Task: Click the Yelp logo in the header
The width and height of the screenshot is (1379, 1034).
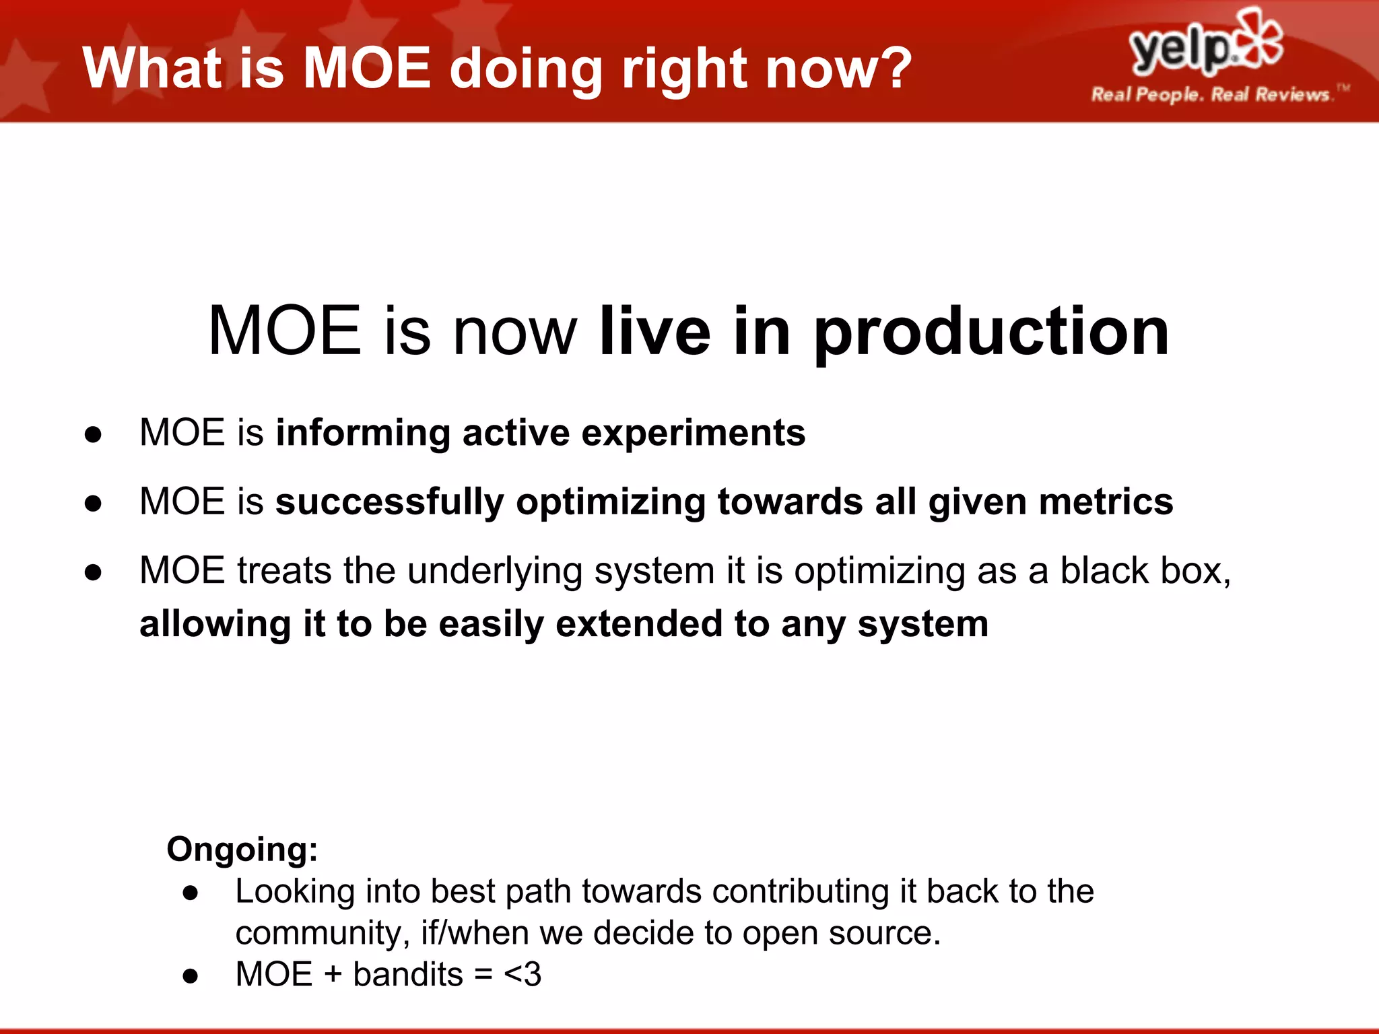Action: [1205, 44]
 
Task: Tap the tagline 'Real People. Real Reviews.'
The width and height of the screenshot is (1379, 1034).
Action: [1210, 94]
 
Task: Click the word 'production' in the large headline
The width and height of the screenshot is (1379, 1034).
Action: [991, 331]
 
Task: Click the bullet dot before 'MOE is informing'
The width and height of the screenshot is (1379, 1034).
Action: [93, 435]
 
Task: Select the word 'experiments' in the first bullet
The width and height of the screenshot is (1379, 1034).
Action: [693, 433]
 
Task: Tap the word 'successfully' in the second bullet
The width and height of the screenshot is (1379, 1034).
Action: [389, 502]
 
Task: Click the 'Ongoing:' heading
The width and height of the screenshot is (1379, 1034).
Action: [242, 850]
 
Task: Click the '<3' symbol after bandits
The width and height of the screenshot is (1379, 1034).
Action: [523, 975]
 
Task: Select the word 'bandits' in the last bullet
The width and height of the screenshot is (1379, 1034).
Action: [408, 975]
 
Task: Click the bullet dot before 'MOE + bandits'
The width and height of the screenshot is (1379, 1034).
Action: [191, 976]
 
